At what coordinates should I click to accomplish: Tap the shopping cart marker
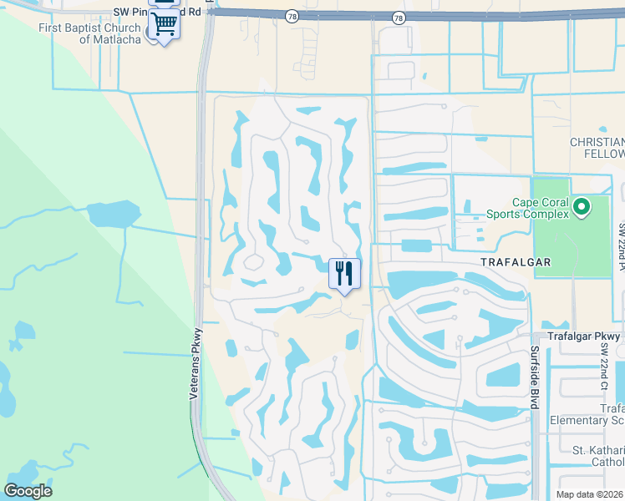tap(164, 25)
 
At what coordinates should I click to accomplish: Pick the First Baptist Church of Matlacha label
tap(91, 33)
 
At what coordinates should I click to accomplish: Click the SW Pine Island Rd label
tap(159, 13)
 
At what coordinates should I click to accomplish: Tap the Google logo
tap(28, 490)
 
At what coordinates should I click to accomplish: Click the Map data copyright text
tap(590, 494)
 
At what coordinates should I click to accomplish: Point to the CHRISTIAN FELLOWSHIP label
tap(597, 148)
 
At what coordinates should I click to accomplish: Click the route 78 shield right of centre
tap(399, 18)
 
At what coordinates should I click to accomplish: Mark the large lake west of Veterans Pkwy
tap(113, 214)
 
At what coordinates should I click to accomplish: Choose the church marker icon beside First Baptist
tap(151, 33)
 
